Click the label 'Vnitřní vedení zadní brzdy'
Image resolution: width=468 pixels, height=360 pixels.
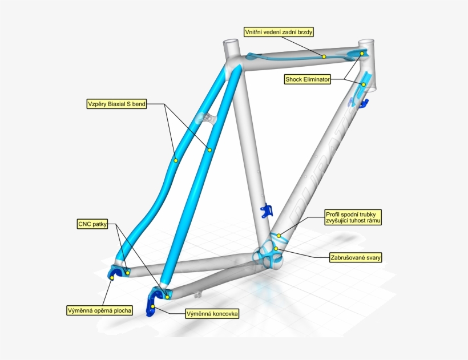[279, 31]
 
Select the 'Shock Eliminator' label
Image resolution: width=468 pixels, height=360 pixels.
[308, 80]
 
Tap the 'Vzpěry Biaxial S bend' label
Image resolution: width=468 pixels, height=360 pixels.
[116, 104]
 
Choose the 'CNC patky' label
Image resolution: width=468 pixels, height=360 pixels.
[91, 224]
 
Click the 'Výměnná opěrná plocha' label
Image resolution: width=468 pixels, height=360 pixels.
[99, 311]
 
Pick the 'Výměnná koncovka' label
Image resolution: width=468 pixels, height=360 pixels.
[212, 313]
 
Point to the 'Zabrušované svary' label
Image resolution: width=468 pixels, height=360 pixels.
[355, 257]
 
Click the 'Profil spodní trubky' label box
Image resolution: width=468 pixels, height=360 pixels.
[353, 217]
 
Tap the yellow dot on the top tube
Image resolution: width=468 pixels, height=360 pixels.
[324, 56]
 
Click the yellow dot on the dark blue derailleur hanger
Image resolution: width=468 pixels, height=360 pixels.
[153, 306]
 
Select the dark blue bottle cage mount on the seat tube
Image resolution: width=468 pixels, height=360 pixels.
[266, 212]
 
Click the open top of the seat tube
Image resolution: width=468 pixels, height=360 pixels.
[231, 43]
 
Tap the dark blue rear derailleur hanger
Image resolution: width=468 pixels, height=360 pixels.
[153, 302]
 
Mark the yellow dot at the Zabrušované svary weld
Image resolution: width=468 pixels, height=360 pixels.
[275, 248]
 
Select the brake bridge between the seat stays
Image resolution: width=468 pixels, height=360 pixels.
[206, 118]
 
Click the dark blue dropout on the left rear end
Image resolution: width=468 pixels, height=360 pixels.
[114, 273]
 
